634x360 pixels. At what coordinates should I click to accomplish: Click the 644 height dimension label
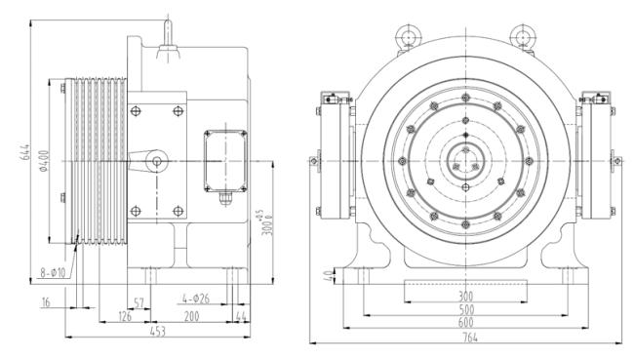pos(24,151)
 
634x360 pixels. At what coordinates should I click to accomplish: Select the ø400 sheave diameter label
pos(44,161)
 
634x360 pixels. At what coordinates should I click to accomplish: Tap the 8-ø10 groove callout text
pos(53,273)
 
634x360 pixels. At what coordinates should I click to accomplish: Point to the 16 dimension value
pos(46,302)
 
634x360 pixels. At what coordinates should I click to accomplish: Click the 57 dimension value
pos(139,303)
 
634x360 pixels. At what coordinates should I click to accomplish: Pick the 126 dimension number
pos(125,316)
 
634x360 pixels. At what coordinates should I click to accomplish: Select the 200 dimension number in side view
pos(191,316)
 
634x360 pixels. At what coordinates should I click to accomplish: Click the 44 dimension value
pos(241,317)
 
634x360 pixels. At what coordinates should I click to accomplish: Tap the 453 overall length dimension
pos(158,332)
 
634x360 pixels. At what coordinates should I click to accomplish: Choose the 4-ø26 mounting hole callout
pos(196,299)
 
